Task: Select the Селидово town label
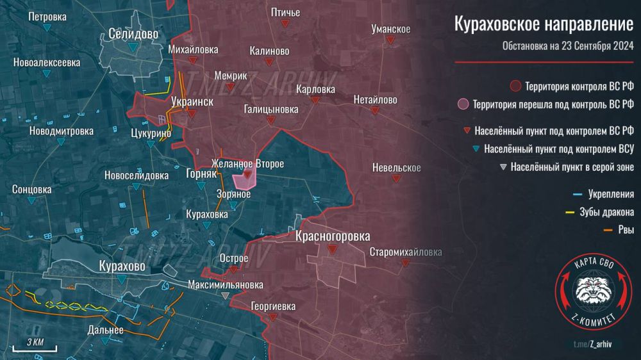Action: click(x=133, y=34)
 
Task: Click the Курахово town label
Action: click(x=122, y=265)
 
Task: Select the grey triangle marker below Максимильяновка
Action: click(x=224, y=295)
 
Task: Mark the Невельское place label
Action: click(x=396, y=168)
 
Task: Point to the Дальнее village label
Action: click(x=105, y=330)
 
